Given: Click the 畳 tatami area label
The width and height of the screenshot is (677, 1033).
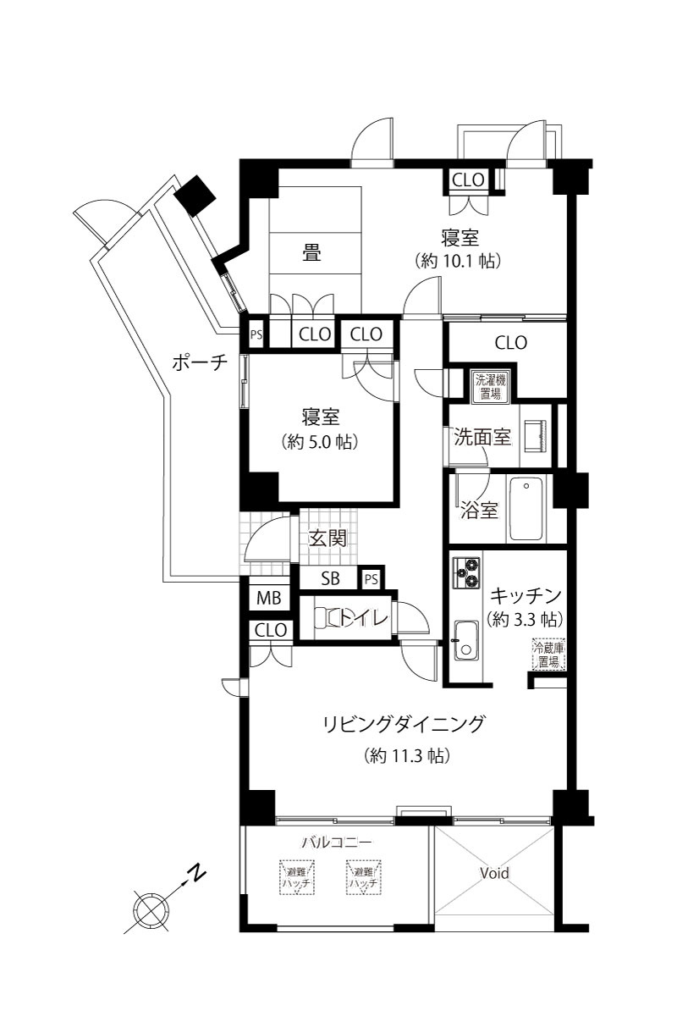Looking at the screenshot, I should [312, 252].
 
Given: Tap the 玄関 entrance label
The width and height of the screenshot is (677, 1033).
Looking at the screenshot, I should [327, 539].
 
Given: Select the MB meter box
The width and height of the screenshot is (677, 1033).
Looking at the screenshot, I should [268, 598].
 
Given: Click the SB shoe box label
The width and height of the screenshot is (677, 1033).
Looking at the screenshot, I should [331, 580].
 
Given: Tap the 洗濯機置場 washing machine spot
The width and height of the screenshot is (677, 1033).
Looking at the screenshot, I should [488, 385].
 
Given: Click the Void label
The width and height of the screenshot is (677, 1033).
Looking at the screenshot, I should [495, 873].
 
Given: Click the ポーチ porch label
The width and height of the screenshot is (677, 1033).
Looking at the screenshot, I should [201, 362].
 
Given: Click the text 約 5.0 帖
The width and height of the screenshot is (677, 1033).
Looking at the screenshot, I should [321, 441].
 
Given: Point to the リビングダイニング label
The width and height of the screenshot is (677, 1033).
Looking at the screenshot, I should [405, 724].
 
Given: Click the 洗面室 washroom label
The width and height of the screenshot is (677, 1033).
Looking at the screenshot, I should [482, 438].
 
